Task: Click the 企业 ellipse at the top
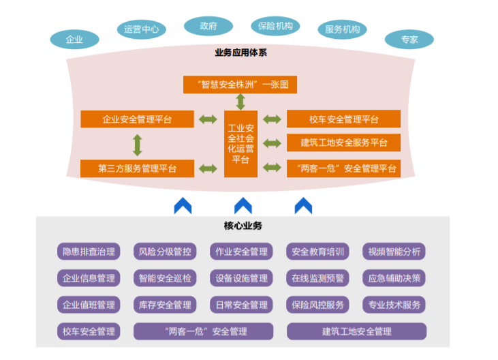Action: point(74,39)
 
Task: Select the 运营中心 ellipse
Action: point(142,29)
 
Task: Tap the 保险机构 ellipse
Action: point(275,27)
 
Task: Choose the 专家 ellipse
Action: point(409,40)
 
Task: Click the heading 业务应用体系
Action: point(240,52)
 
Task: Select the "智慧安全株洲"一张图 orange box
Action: point(240,85)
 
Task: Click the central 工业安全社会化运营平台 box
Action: point(240,144)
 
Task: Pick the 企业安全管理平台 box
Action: point(137,119)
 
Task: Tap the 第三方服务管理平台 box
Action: point(137,168)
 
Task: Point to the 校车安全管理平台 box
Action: point(343,119)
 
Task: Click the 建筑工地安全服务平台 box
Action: point(343,142)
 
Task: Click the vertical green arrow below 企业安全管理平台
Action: point(137,144)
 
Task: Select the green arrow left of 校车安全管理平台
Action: point(272,119)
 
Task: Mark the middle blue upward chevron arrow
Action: point(243,205)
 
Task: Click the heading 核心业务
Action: point(243,226)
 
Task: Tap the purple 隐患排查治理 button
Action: point(89,251)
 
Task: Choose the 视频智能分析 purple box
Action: point(394,251)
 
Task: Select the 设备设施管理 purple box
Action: point(241,277)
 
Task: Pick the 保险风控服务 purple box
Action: point(317,304)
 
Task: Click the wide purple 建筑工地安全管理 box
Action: point(356,331)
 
